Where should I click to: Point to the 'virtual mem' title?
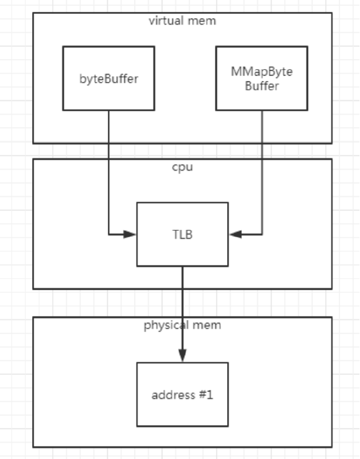click(182, 21)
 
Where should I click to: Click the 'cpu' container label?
click(182, 167)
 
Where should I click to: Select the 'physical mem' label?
click(182, 325)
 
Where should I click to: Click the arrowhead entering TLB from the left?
click(130, 234)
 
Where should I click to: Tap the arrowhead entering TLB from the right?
click(235, 234)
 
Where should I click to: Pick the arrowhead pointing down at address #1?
click(182, 356)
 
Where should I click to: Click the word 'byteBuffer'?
click(109, 79)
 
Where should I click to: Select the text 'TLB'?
click(182, 235)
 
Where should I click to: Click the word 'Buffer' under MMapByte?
click(261, 86)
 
